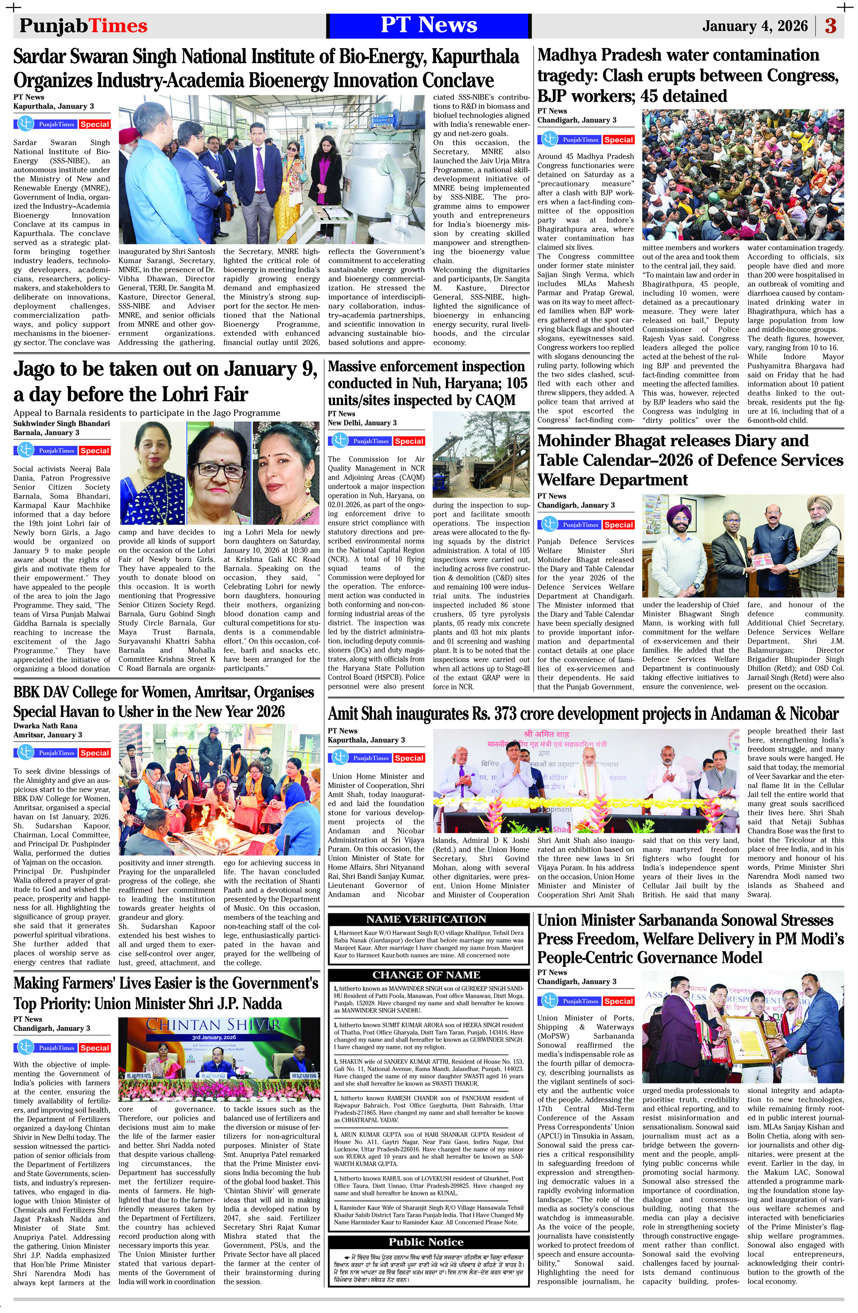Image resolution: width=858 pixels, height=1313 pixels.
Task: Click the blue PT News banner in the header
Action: click(429, 25)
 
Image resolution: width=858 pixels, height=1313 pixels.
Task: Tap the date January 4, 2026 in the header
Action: click(754, 26)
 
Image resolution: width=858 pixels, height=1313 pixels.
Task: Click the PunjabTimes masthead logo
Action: click(83, 26)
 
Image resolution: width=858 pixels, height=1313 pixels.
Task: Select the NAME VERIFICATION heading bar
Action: click(426, 919)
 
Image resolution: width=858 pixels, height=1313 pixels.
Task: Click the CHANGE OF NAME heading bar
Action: click(426, 975)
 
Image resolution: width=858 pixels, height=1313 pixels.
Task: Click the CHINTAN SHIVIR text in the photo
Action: click(213, 1025)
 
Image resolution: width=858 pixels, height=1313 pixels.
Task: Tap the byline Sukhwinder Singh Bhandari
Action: click(62, 424)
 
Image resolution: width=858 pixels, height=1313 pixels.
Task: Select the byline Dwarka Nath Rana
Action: click(45, 725)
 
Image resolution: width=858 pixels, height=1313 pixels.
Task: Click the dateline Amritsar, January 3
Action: click(48, 735)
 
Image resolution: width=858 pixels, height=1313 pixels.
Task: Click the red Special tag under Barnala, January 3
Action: click(94, 451)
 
